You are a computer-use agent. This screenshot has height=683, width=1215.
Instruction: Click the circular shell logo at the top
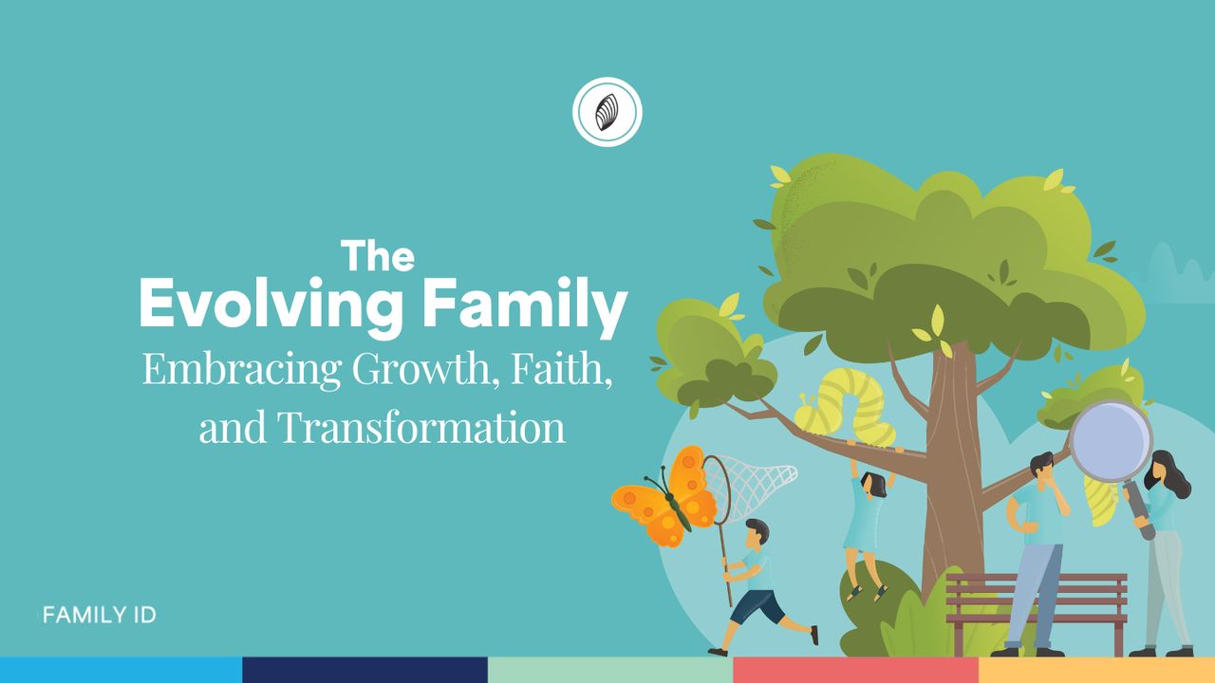pos(607,112)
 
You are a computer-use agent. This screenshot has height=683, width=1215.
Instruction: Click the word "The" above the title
pos(378,255)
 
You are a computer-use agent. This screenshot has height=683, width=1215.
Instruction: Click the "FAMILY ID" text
pos(100,615)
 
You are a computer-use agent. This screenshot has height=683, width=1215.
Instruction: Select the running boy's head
pos(757,533)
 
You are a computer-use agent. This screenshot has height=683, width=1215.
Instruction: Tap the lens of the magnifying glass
pos(1111,441)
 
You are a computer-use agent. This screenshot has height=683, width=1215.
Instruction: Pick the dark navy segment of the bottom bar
pos(364,670)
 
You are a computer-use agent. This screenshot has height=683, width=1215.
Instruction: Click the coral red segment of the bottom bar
pos(855,670)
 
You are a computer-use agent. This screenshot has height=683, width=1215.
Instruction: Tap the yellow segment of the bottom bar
pos(1096,670)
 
